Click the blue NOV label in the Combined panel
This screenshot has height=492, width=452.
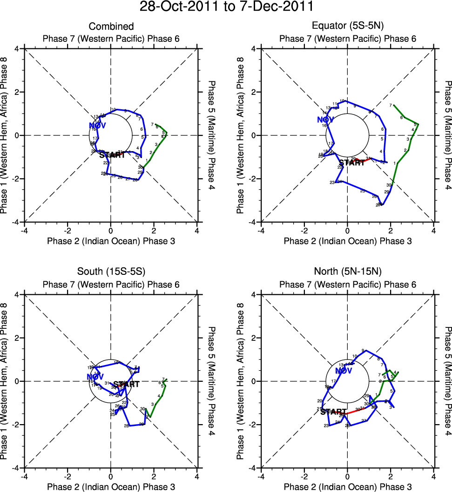(98, 126)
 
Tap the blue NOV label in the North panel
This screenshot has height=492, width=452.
(344, 371)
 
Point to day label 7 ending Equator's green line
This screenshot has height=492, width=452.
(391, 106)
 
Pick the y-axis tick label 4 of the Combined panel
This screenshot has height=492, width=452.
(17, 48)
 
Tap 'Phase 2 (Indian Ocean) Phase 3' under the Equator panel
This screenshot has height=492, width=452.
(347, 241)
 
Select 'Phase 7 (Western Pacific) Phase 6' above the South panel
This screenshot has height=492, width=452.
(111, 284)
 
